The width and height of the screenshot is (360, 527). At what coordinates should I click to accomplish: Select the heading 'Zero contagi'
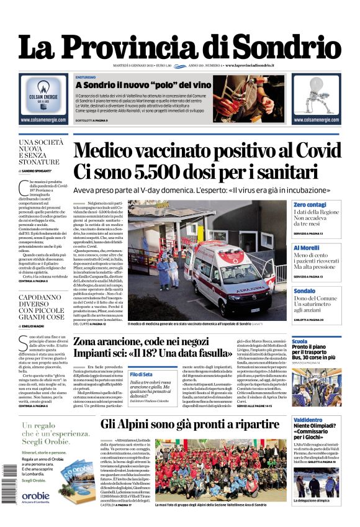tap(310, 204)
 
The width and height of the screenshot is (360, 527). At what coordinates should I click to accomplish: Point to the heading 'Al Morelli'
tap(307, 248)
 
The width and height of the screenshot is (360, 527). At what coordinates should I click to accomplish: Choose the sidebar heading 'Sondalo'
tap(305, 291)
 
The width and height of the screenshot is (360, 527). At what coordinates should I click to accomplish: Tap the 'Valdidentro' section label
tap(307, 420)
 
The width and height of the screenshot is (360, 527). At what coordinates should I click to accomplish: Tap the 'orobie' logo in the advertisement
tap(35, 495)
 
